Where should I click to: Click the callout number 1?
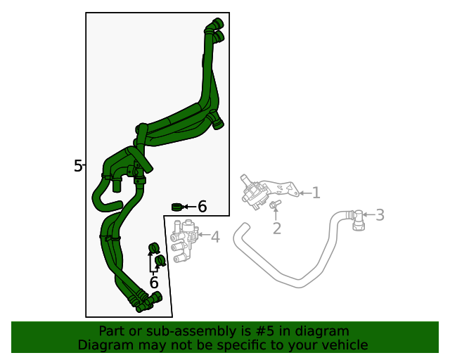316,192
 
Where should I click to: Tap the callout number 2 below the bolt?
277,228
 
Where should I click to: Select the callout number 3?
380,215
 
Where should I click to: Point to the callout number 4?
215,238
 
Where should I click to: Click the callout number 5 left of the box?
78,166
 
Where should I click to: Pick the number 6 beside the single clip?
202,207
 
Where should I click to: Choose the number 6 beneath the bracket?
154,283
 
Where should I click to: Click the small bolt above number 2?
275,205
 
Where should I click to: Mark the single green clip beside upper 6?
177,206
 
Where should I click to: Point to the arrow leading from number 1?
303,192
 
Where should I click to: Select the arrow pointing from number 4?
204,237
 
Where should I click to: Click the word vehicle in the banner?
345,345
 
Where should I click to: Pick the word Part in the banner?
111,331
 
